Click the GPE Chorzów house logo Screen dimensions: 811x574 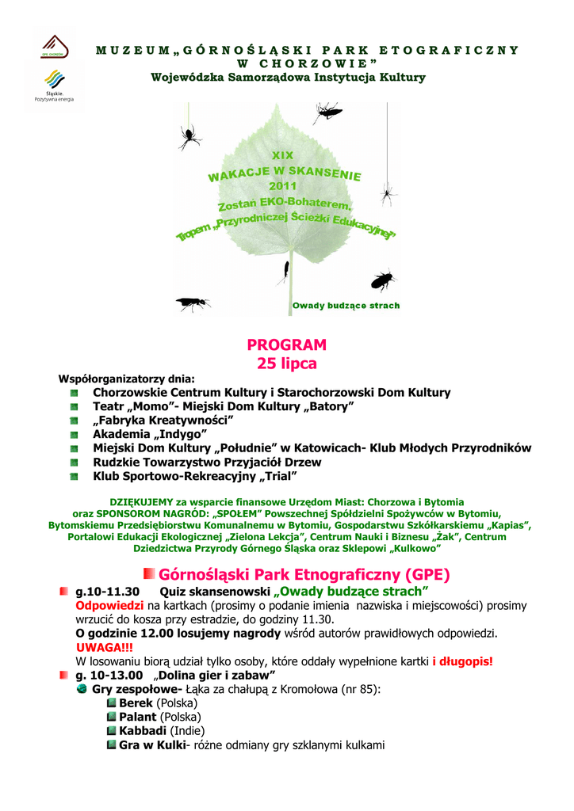[55, 45]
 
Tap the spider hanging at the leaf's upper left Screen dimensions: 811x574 [188, 138]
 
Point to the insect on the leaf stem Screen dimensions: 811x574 [282, 272]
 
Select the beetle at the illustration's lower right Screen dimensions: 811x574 [382, 280]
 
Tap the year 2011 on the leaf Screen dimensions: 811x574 [283, 186]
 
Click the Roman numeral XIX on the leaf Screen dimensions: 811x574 [282, 155]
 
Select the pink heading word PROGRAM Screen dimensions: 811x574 [286, 345]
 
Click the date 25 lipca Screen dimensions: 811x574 [286, 364]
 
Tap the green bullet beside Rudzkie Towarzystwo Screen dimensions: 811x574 [74, 463]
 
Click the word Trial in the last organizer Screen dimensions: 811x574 [277, 476]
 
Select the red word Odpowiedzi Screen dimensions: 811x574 [109, 606]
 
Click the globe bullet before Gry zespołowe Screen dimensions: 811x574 [82, 689]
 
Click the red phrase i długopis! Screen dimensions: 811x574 [462, 661]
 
